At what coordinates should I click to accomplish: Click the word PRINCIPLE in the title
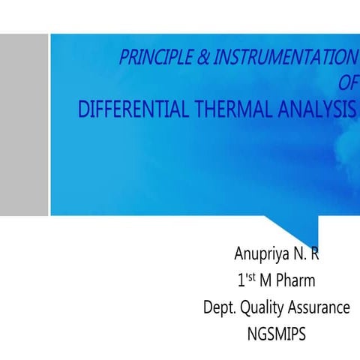[x=156, y=58]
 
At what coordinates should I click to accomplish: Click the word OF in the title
[x=349, y=81]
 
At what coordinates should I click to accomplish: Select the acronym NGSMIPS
[x=276, y=333]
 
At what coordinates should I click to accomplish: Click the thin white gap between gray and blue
[x=49, y=124]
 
